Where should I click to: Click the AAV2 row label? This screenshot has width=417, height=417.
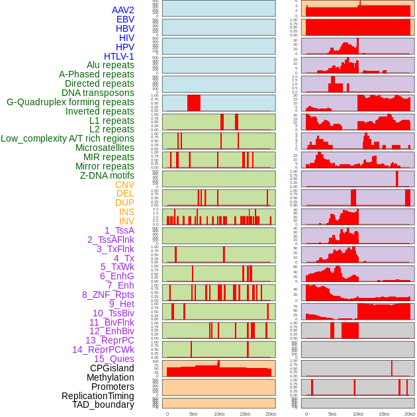122,10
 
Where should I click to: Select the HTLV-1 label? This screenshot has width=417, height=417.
119,56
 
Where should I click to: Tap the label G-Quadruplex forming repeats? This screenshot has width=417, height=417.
70,102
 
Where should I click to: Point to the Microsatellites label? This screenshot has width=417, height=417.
105,148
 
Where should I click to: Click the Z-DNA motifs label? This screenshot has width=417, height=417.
107,175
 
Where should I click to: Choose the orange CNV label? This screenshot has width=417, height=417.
124,185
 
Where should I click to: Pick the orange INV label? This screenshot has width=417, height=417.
126,221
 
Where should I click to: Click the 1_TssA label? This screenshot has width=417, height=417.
119,230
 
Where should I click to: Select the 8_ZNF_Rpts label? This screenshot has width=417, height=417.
108,295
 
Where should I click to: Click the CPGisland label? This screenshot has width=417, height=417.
112,368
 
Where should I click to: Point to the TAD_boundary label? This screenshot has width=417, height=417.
103,404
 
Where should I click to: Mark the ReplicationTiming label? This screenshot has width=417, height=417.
97,396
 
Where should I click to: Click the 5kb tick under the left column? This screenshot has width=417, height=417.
193,414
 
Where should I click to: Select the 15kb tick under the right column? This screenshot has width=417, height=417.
384,414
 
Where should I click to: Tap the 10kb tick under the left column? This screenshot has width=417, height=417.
218,414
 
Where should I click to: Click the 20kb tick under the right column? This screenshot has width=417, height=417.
410,414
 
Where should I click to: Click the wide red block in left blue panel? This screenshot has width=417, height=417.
193,103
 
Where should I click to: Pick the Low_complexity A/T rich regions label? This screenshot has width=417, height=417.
68,138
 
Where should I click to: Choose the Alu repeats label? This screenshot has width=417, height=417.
110,65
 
